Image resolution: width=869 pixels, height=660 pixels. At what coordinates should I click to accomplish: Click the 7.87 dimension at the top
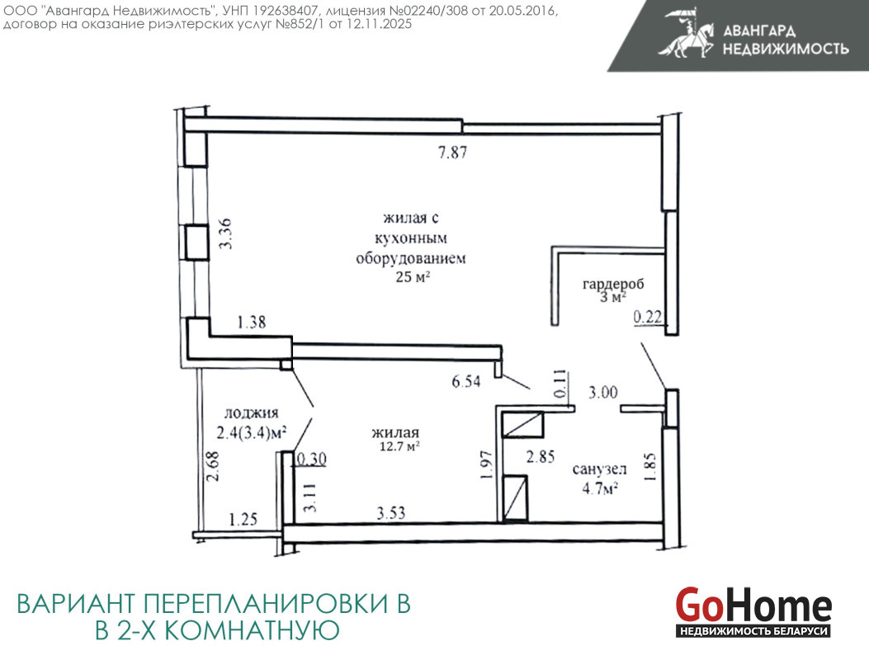pyautogui.click(x=453, y=152)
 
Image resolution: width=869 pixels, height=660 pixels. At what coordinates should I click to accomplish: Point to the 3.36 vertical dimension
pyautogui.click(x=225, y=233)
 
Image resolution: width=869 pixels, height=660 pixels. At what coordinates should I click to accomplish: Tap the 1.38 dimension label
pyautogui.click(x=252, y=322)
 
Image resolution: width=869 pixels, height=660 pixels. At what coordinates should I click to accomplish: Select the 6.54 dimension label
pyautogui.click(x=466, y=381)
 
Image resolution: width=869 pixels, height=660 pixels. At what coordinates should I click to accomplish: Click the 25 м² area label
pyautogui.click(x=413, y=276)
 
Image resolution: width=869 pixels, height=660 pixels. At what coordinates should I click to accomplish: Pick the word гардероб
pyautogui.click(x=613, y=285)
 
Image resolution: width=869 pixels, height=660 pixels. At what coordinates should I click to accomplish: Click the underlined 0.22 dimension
pyautogui.click(x=648, y=317)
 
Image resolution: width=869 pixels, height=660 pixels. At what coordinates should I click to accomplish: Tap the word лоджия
pyautogui.click(x=251, y=412)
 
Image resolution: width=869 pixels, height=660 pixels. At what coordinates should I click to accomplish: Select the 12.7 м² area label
pyautogui.click(x=399, y=446)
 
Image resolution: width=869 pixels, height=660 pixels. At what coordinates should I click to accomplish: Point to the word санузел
pyautogui.click(x=600, y=469)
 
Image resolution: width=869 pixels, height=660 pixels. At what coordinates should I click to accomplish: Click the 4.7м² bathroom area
pyautogui.click(x=600, y=488)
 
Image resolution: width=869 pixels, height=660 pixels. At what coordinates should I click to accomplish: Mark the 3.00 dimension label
pyautogui.click(x=603, y=393)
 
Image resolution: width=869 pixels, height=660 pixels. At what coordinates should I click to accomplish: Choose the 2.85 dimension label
pyautogui.click(x=541, y=456)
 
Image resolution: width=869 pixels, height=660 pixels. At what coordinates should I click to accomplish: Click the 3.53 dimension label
pyautogui.click(x=391, y=512)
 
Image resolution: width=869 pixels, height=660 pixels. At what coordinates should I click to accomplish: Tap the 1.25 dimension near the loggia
pyautogui.click(x=243, y=519)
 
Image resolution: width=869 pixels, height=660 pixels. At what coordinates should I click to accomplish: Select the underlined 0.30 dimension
pyautogui.click(x=311, y=460)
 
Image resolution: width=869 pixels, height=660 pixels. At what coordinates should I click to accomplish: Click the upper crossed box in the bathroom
pyautogui.click(x=522, y=425)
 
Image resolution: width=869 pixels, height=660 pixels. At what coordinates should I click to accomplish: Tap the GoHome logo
pyautogui.click(x=753, y=611)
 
